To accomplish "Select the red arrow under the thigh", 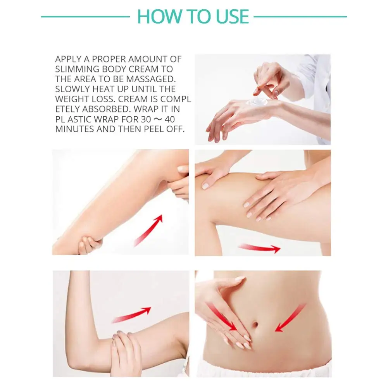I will pyautogui.click(x=259, y=248).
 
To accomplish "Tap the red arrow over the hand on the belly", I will pyautogui.click(x=222, y=317).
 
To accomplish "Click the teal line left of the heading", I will pyautogui.click(x=85, y=17).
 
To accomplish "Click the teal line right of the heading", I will pyautogui.click(x=300, y=17).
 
